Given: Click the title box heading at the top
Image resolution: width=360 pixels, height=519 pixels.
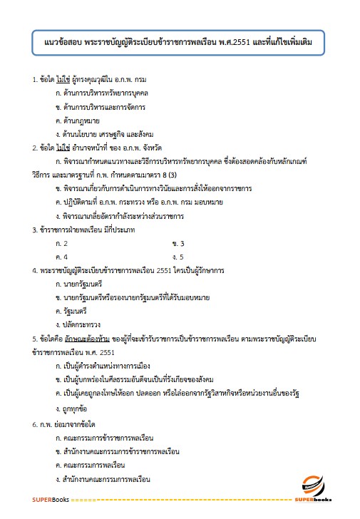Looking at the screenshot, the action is pos(180,44).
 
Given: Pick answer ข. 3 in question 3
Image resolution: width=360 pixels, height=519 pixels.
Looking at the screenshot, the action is pos(178,244).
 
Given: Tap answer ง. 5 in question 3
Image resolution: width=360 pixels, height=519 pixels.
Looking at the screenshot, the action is pos(178,257).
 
